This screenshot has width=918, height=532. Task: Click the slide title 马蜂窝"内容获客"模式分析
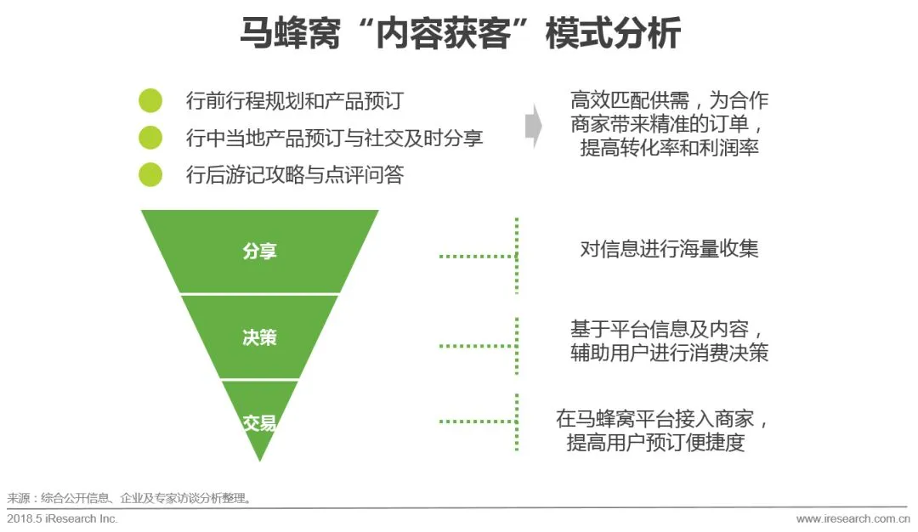tap(459, 36)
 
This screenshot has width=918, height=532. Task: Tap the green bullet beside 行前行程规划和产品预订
tap(150, 100)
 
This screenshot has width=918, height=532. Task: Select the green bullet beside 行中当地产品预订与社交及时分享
tap(150, 137)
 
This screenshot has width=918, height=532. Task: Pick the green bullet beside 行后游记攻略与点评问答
tap(150, 174)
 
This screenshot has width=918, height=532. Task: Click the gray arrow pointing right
tap(533, 126)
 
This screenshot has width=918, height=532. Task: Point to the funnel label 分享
tap(259, 252)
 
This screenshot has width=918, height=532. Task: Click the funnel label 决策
tap(259, 337)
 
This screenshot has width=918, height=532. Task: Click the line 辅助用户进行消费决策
tap(669, 353)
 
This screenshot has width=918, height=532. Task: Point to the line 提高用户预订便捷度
tap(655, 443)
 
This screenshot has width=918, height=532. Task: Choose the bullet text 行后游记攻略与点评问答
tap(294, 175)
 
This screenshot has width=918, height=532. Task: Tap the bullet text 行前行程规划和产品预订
tap(294, 101)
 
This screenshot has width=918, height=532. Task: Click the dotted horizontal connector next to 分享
tap(477, 255)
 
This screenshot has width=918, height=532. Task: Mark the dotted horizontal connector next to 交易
tap(477, 421)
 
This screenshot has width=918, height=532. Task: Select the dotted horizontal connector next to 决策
tap(477, 346)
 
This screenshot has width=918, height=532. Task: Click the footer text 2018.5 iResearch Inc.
tap(63, 518)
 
